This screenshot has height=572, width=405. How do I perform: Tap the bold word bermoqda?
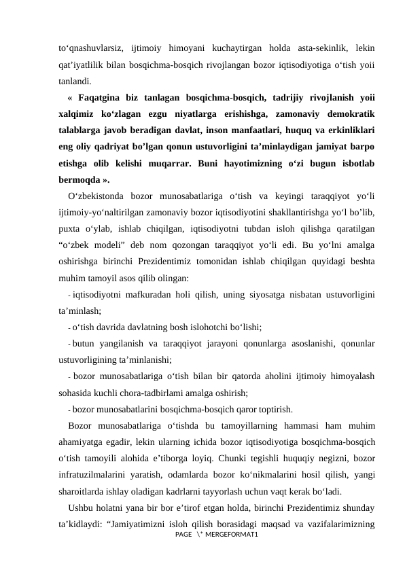(x=80, y=180)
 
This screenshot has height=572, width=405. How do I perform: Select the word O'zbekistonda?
(x=97, y=197)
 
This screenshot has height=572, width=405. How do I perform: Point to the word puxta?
(x=69, y=230)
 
